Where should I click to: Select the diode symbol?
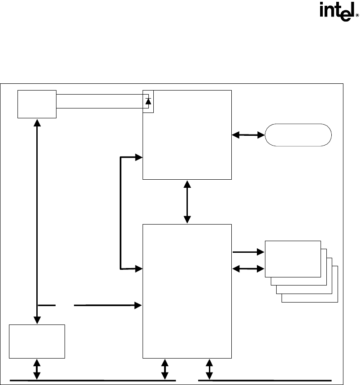[148, 100]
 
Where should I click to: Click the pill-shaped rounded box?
[299, 134]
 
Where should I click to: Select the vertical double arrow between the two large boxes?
[187, 202]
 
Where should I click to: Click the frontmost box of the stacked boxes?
[293, 259]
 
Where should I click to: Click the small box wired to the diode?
[37, 104]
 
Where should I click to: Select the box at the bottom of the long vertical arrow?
[37, 341]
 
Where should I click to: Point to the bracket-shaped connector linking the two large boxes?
[121, 213]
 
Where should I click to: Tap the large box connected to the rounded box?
[187, 134]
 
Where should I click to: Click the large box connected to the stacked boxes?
[187, 291]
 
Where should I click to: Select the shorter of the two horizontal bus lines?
[265, 380]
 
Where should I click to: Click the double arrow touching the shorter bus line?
[209, 369]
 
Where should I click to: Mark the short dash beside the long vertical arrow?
[47, 305]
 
